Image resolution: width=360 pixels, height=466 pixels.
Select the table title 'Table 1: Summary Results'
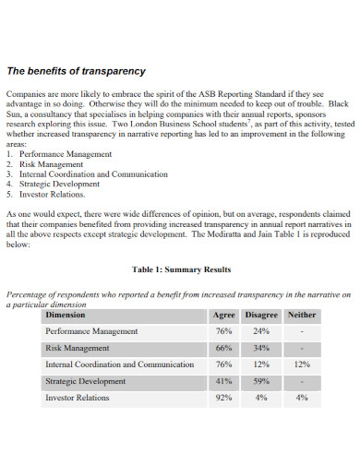181,269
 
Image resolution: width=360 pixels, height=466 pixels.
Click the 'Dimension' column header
66,315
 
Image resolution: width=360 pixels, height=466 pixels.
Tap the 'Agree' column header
223,315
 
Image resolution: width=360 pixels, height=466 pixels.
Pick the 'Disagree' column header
261,315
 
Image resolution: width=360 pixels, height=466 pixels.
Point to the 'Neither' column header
302,315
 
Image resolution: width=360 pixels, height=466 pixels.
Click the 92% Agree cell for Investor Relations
223,398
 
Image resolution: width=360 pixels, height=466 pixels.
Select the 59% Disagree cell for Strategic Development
261,381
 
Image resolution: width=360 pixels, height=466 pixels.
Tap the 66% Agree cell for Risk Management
223,348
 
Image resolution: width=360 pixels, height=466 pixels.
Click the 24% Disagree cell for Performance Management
261,331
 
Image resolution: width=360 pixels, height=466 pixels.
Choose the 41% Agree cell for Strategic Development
223,381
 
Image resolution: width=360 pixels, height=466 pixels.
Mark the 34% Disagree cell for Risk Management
261,348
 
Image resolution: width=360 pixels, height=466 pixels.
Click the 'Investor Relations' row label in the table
78,398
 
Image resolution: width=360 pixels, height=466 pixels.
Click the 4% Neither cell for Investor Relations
302,398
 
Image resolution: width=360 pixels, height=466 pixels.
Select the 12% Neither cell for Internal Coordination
302,364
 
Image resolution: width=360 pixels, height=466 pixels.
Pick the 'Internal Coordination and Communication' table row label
120,364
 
